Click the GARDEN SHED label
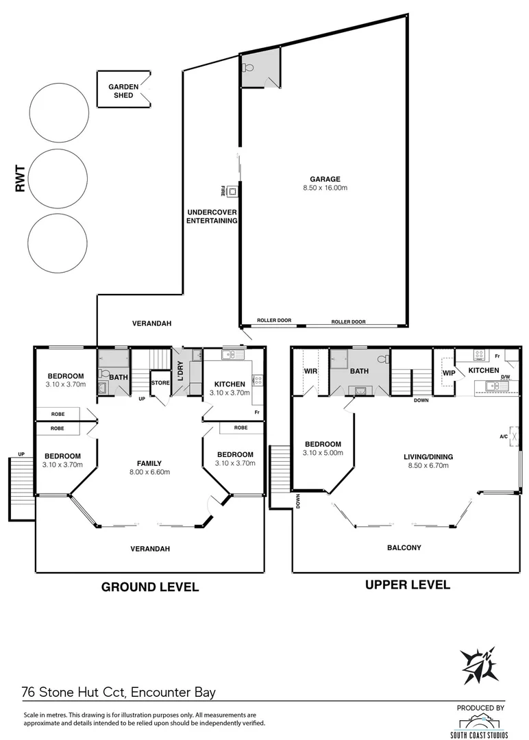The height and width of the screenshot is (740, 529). coord(124,90)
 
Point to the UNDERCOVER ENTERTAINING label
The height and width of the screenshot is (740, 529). coord(212,217)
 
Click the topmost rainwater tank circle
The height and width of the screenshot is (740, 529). coord(59,113)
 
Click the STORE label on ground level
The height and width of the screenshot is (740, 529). coord(160,382)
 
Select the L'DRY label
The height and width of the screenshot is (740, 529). coord(180,371)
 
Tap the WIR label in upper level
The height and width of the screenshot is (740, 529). coord(310,371)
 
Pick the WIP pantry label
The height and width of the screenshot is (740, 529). coord(449,373)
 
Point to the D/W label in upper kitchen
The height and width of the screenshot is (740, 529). coord(505,377)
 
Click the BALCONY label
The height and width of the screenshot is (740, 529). coord(404,547)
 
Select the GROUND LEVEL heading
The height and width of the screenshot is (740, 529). coord(150,587)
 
